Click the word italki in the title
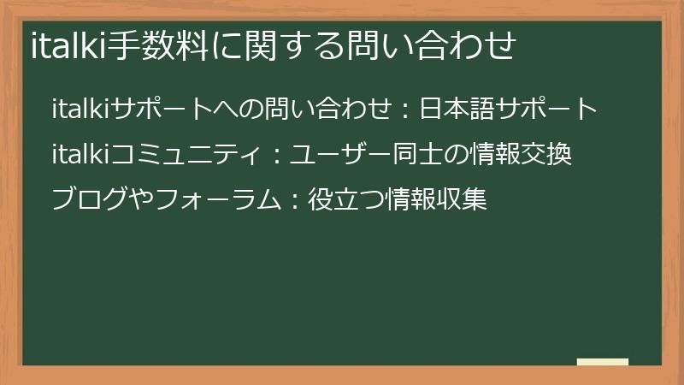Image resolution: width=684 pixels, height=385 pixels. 67,45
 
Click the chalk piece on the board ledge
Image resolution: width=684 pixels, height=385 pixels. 602,362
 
